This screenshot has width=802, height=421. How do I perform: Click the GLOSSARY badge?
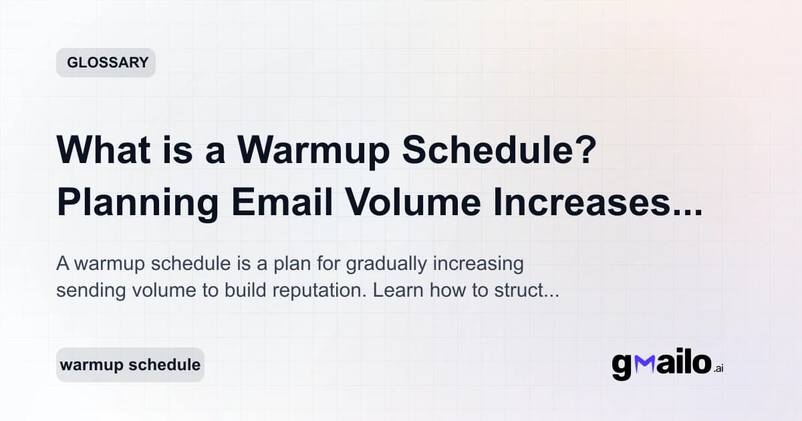(x=106, y=63)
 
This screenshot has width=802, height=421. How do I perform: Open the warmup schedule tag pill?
(x=130, y=365)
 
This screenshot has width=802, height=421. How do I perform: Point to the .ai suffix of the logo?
(x=719, y=368)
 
